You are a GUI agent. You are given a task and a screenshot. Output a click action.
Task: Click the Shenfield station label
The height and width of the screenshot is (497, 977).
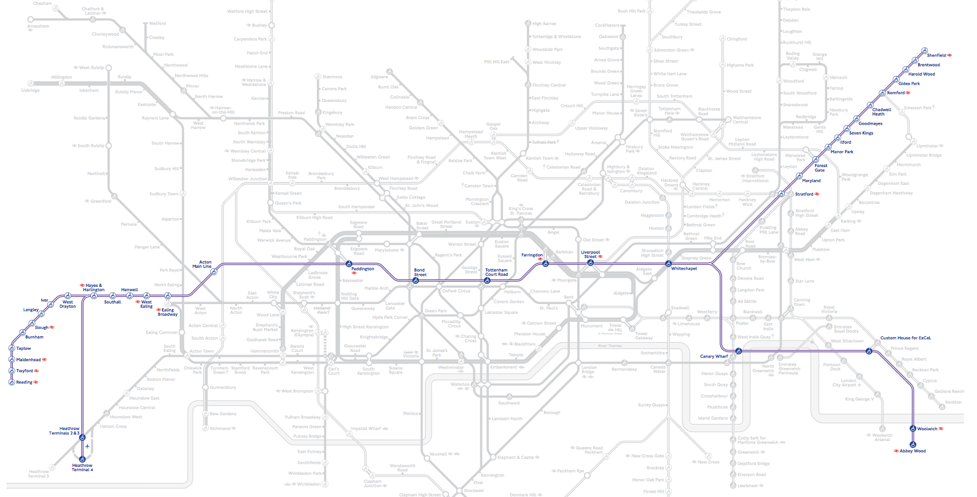pos(936,55)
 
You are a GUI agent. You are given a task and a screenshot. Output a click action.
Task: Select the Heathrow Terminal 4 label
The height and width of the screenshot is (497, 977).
pos(82,468)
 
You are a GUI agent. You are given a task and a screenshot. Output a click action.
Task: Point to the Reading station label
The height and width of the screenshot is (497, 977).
pos(24,382)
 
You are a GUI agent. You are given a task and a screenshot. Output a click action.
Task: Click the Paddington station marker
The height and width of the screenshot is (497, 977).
pos(348,263)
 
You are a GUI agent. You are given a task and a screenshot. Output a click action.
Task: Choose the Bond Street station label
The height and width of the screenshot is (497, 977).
pos(419,272)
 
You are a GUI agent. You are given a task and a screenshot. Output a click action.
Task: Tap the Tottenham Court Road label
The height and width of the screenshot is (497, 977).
pos(496,272)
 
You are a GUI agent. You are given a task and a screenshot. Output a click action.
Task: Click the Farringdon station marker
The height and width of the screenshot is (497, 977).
pos(545,263)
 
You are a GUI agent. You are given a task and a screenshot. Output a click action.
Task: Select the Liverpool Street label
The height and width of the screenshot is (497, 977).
pos(590,254)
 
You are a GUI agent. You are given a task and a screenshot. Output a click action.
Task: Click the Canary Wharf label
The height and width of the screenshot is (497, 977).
pos(714,356)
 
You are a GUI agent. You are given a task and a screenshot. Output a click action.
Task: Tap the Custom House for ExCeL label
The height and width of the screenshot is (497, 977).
pos(905,338)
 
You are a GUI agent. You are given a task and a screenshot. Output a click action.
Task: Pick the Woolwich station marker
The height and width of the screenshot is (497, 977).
pos(913,429)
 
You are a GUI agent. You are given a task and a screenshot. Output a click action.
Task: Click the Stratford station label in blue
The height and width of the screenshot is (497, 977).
pos(804,194)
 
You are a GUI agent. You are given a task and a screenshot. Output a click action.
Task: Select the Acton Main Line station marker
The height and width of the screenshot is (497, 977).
pos(214,272)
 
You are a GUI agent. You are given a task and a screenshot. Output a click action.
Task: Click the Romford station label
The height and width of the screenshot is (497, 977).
pos(895,93)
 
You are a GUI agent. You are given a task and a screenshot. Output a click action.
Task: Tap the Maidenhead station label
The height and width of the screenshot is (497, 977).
pos(28,359)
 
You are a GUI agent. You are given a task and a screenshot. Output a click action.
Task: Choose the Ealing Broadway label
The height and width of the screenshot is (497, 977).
pos(167,312)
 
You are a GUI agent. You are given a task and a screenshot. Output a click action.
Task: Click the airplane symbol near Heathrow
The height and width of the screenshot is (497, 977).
pos(88,446)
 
